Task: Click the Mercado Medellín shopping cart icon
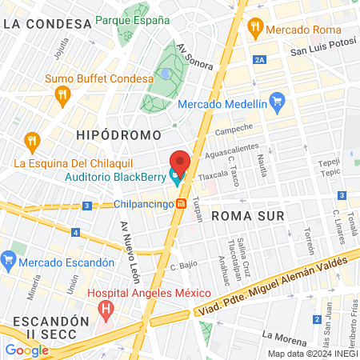(278, 102)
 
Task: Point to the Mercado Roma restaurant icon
(255, 28)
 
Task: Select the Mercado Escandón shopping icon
(9, 261)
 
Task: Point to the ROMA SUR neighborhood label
(242, 215)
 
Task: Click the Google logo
(26, 350)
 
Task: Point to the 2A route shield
(258, 59)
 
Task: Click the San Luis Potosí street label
(322, 51)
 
